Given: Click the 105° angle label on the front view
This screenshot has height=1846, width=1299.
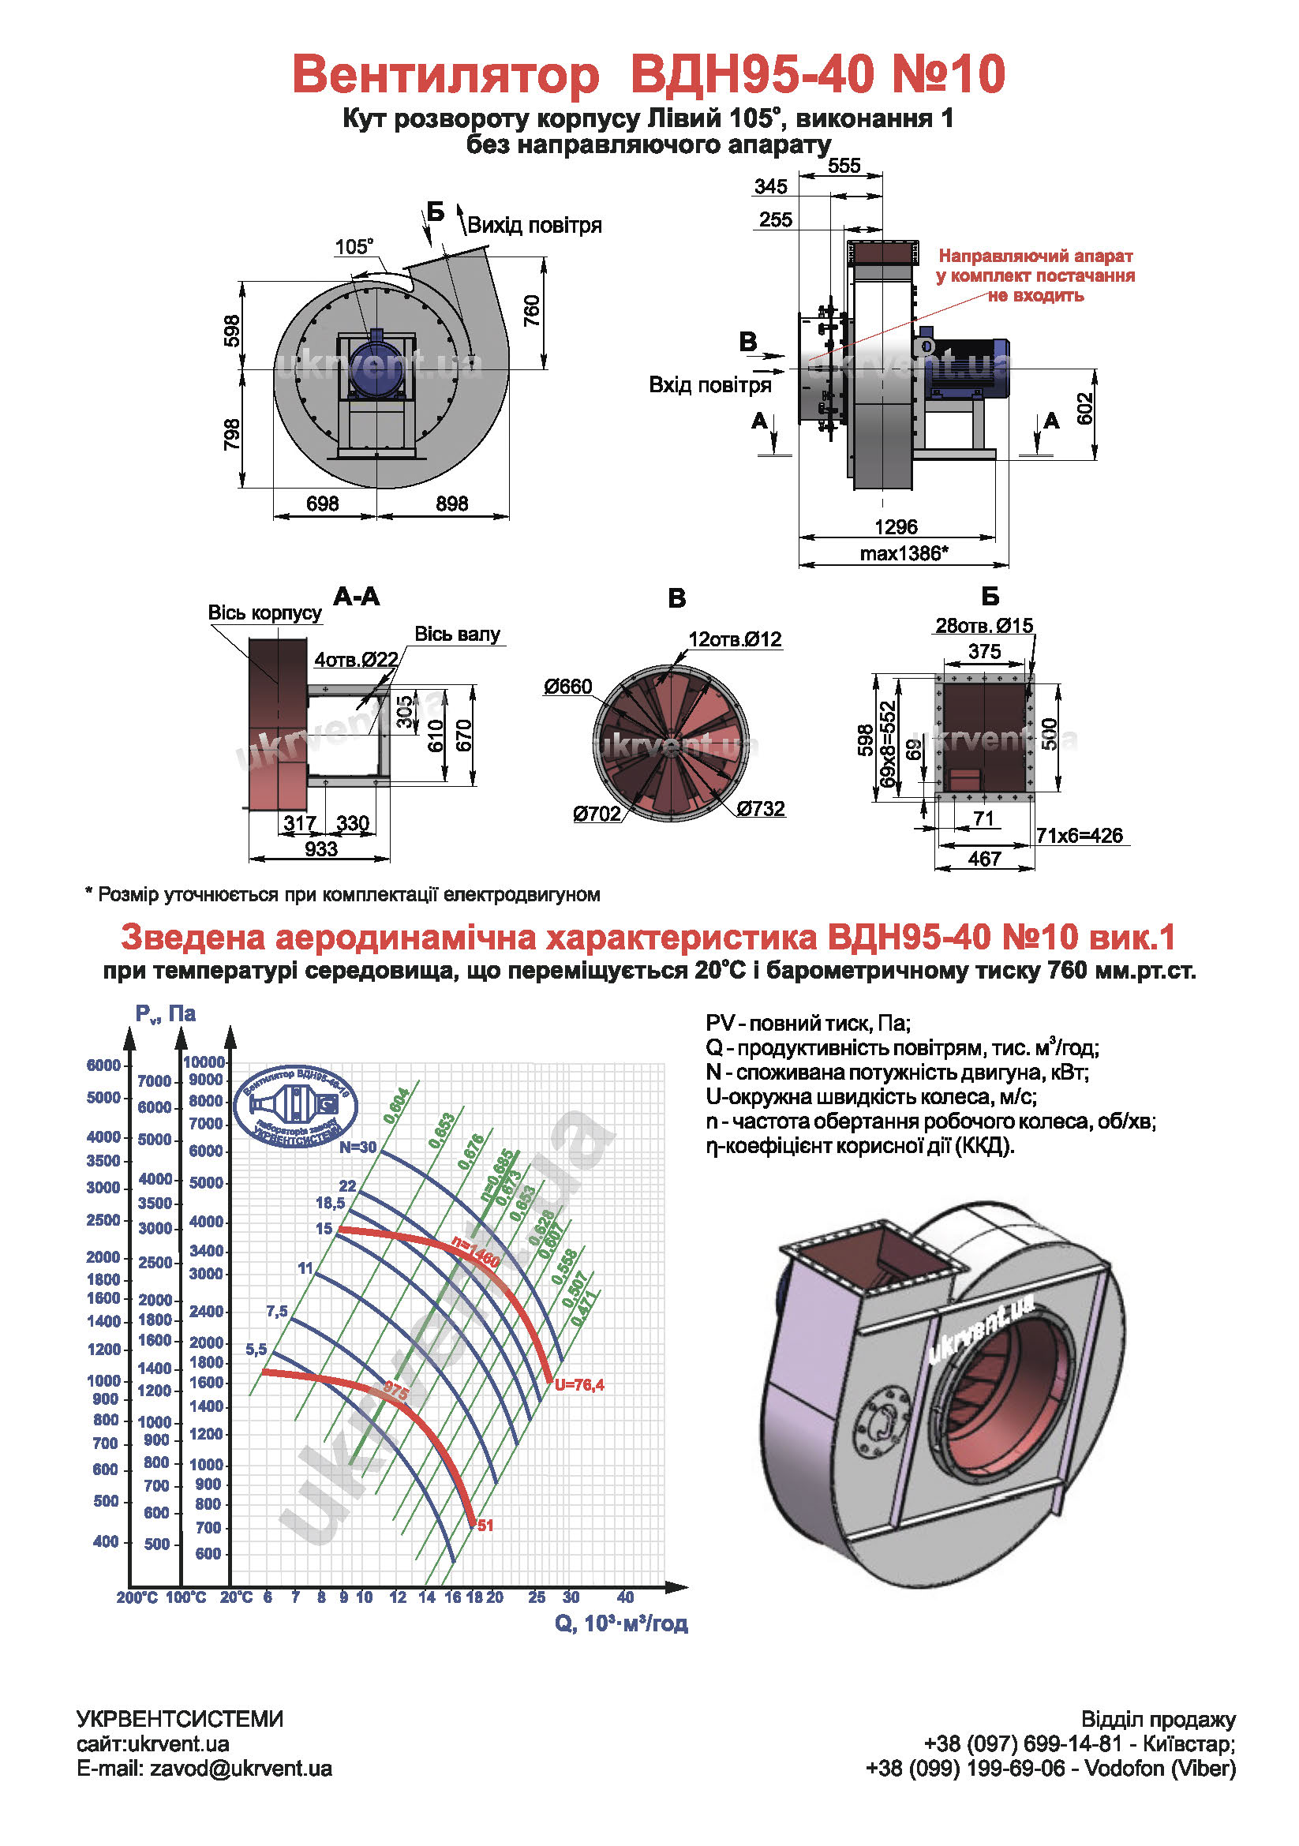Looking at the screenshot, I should click(354, 247).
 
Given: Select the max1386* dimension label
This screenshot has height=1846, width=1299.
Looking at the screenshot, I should click(904, 553).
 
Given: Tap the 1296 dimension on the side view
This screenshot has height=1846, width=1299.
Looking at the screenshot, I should click(896, 526).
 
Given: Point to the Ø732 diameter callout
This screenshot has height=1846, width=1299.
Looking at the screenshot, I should click(760, 808).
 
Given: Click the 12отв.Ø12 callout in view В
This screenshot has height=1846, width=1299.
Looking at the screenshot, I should click(734, 639).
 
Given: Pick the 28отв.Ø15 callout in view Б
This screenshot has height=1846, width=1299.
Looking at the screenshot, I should click(983, 626).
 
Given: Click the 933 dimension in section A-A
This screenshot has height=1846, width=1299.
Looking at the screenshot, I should click(320, 849).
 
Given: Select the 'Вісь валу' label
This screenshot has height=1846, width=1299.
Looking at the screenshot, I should click(457, 635).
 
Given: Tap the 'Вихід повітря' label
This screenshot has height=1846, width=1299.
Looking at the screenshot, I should click(533, 225).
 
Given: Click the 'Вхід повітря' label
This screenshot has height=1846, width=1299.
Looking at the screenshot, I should click(709, 385).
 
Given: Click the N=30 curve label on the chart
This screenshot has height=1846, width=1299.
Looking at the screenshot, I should click(358, 1148).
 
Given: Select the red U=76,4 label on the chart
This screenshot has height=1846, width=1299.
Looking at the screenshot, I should click(578, 1384).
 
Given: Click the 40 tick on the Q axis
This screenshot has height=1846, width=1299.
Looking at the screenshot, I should click(624, 1597).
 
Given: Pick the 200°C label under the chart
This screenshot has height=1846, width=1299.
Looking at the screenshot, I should click(137, 1597).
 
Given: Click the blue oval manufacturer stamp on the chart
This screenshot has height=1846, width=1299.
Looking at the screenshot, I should click(296, 1106).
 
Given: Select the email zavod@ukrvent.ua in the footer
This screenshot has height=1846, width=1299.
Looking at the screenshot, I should click(204, 1769).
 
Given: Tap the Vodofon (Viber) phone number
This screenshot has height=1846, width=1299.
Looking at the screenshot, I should click(1050, 1768).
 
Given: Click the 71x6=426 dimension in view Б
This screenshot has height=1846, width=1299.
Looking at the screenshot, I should click(1079, 835).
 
